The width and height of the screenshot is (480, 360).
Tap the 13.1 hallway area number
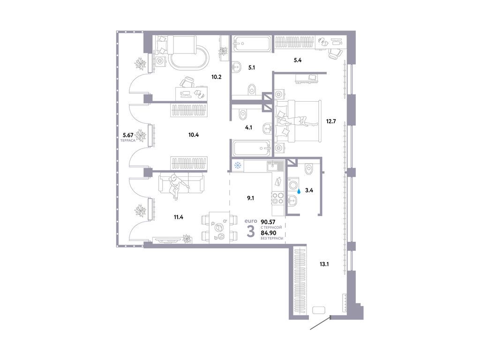pos(324,264)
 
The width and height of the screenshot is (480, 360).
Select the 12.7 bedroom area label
pos(331,121)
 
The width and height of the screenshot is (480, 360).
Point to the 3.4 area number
pos(309,190)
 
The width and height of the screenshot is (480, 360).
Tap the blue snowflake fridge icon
pos(238,165)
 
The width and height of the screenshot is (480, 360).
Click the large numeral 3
pos(251,231)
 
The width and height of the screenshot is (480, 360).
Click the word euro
pos(251,220)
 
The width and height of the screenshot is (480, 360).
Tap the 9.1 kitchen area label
pos(250,197)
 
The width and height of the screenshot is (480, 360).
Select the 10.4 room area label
pos(194,135)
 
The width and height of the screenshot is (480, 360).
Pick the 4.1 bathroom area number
pos(248,126)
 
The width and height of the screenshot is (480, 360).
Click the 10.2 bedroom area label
pos(216,77)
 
